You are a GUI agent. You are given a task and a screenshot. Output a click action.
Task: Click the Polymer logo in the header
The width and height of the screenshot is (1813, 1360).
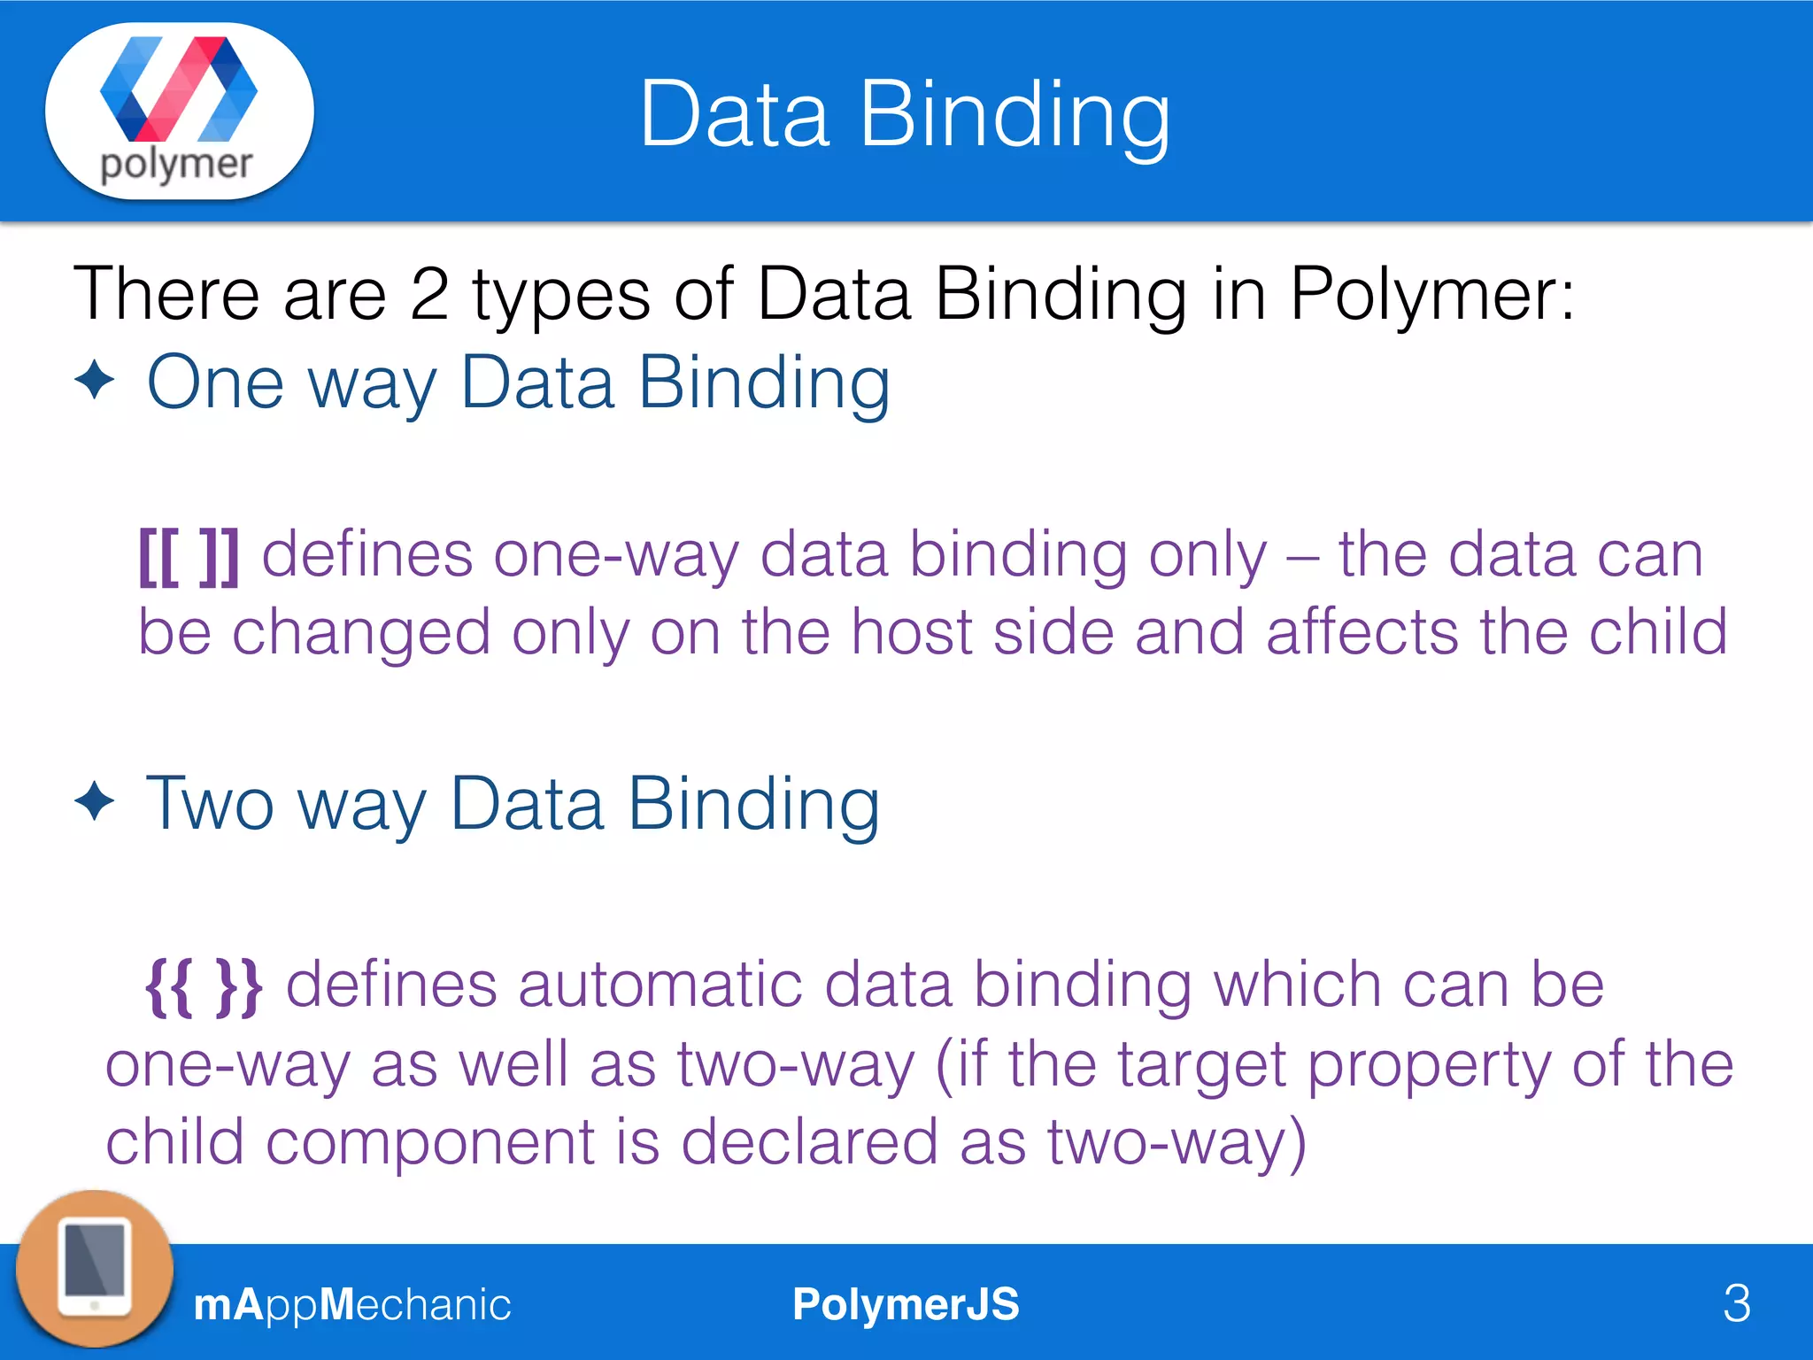179,89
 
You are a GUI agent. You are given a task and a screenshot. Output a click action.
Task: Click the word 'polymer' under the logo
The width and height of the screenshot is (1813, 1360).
176,165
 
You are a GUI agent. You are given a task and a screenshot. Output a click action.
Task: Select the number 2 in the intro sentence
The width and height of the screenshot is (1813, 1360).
429,294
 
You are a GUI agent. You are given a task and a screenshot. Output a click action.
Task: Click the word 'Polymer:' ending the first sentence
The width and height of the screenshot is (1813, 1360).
1432,294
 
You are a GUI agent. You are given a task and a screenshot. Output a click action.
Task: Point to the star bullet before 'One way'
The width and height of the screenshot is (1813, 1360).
95,382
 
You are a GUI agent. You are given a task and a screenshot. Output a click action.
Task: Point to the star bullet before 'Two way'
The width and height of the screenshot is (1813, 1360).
95,802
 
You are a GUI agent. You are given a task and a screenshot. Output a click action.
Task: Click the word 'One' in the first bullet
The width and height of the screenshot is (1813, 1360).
215,382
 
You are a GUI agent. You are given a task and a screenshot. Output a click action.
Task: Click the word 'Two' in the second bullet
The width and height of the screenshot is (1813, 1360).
210,804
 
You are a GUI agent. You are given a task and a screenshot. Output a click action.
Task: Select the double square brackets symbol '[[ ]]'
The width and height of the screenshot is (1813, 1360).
189,556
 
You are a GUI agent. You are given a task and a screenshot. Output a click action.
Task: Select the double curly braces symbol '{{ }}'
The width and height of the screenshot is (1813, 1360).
204,986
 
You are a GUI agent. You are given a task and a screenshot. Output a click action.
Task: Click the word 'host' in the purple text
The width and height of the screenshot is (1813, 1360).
912,632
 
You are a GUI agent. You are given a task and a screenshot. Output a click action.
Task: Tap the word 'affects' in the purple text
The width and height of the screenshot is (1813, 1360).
1362,632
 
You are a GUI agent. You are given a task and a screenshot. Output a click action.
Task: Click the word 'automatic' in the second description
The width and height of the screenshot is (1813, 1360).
660,985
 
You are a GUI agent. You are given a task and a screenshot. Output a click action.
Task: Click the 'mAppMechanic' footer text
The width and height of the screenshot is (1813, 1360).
351,1304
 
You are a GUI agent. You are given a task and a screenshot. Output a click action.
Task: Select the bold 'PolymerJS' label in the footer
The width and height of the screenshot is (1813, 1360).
906,1304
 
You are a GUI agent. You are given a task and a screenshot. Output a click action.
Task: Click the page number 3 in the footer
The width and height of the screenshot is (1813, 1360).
1737,1303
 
